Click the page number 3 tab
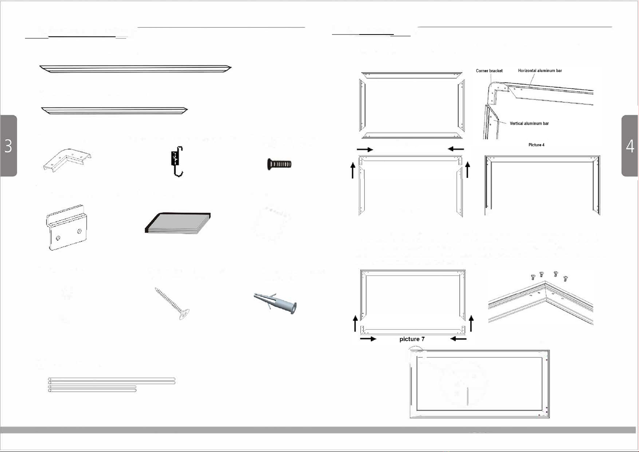8,146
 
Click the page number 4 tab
630,146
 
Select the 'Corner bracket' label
489,71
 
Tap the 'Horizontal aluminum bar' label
540,71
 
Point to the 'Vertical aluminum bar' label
529,124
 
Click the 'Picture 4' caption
536,145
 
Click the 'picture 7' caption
412,339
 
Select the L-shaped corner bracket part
67,160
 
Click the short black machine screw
279,164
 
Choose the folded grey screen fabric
178,223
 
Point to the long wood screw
172,303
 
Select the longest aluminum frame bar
135,69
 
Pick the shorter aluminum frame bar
114,110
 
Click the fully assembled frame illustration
479,384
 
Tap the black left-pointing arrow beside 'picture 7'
458,339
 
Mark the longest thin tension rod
111,379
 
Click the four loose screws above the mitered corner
548,276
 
